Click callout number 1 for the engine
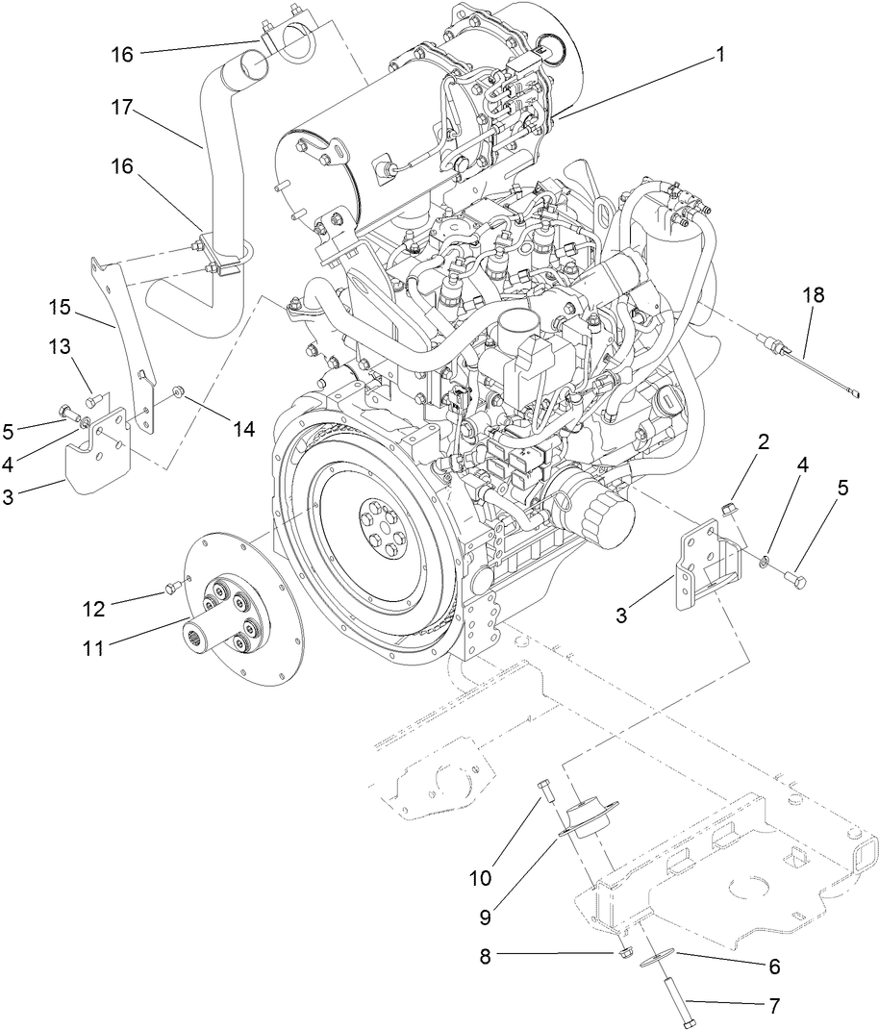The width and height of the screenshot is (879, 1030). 717,56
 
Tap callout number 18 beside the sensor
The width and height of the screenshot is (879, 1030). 814,296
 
